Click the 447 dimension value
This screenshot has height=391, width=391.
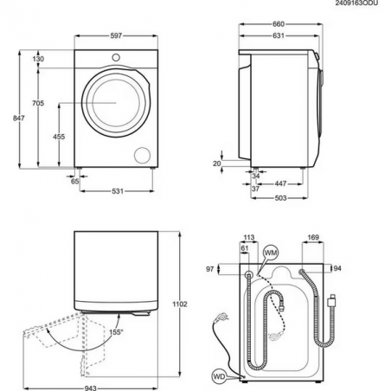[281, 184]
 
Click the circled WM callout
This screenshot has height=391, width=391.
[272, 251]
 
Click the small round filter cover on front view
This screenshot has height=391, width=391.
[139, 154]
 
